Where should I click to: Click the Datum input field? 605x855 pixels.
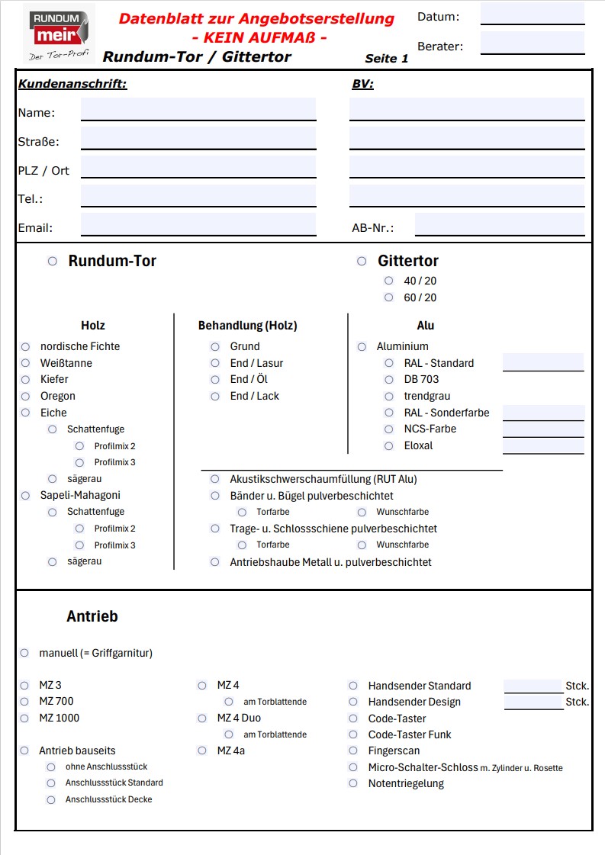pyautogui.click(x=532, y=14)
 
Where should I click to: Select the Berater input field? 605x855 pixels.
pyautogui.click(x=532, y=43)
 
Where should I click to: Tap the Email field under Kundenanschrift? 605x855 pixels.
pyautogui.click(x=198, y=224)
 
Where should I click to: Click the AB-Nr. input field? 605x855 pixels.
pyautogui.click(x=499, y=225)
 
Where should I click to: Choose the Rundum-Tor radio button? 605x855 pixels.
pyautogui.click(x=53, y=261)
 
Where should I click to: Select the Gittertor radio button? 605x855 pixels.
pyautogui.click(x=362, y=262)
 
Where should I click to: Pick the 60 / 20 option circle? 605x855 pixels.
pyautogui.click(x=389, y=297)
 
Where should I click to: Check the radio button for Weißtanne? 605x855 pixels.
pyautogui.click(x=25, y=363)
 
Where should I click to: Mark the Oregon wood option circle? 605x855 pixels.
pyautogui.click(x=25, y=396)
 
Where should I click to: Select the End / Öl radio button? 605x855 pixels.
pyautogui.click(x=216, y=379)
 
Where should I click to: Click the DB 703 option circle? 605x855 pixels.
pyautogui.click(x=389, y=379)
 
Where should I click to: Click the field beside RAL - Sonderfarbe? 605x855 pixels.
pyautogui.click(x=543, y=413)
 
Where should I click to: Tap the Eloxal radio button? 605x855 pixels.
pyautogui.click(x=389, y=445)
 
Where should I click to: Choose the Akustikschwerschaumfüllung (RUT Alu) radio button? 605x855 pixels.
pyautogui.click(x=216, y=479)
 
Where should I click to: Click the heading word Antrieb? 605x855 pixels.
pyautogui.click(x=92, y=616)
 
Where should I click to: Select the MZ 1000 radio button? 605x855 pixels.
pyautogui.click(x=25, y=718)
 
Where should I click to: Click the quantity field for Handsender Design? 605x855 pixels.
pyautogui.click(x=533, y=702)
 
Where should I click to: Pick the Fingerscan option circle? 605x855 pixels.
pyautogui.click(x=353, y=751)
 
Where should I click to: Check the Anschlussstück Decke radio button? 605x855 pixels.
pyautogui.click(x=51, y=799)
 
